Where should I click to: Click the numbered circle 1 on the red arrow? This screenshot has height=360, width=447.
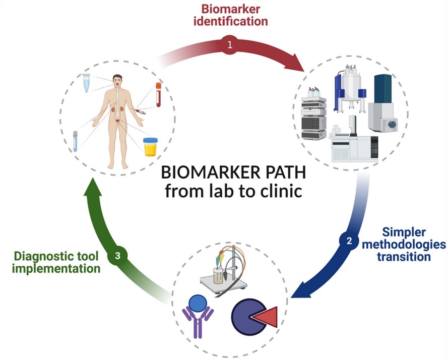point(230,45)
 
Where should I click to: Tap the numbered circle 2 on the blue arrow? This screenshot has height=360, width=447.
point(348,240)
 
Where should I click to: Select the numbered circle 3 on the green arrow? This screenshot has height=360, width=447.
point(117,256)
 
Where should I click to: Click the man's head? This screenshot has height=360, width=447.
point(117,81)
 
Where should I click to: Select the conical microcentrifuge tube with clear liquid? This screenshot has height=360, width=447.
point(86,82)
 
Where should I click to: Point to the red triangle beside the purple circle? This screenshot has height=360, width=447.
point(265,317)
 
